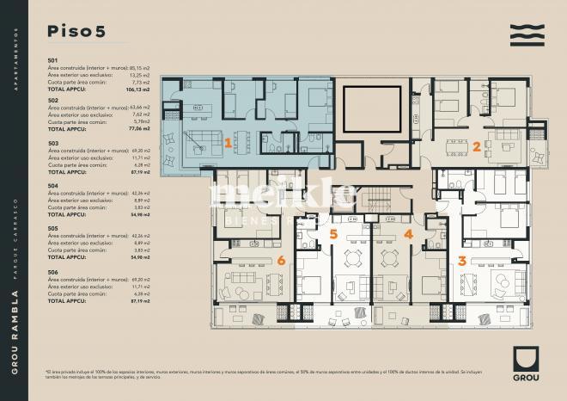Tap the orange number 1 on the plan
click(228, 144)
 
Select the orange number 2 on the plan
click(476, 145)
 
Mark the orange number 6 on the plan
click(280, 259)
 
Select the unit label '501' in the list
click(53, 59)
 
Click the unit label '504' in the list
click(53, 185)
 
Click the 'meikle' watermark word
click(283, 195)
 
